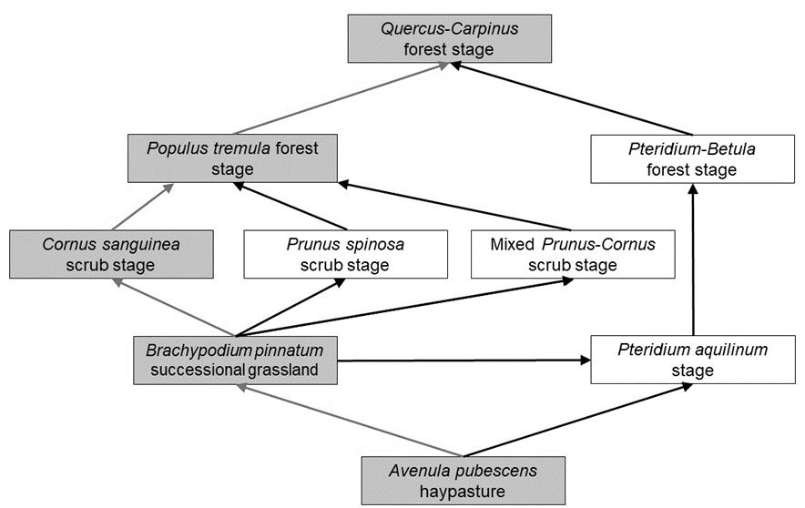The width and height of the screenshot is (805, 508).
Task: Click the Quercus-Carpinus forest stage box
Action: tap(449, 39)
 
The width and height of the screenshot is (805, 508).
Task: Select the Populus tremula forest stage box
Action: tap(233, 157)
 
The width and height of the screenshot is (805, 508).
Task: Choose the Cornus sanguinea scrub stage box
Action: tap(112, 254)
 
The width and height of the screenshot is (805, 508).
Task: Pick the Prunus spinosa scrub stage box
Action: tap(345, 254)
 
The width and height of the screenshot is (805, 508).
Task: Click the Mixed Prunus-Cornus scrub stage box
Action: tap(573, 254)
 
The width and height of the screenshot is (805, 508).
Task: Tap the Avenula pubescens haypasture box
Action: tap(463, 482)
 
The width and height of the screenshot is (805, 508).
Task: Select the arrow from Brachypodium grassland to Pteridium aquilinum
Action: tap(464, 360)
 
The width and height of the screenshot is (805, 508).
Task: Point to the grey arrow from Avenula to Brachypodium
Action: tap(351, 419)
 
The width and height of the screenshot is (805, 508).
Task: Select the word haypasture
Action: tap(463, 492)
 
